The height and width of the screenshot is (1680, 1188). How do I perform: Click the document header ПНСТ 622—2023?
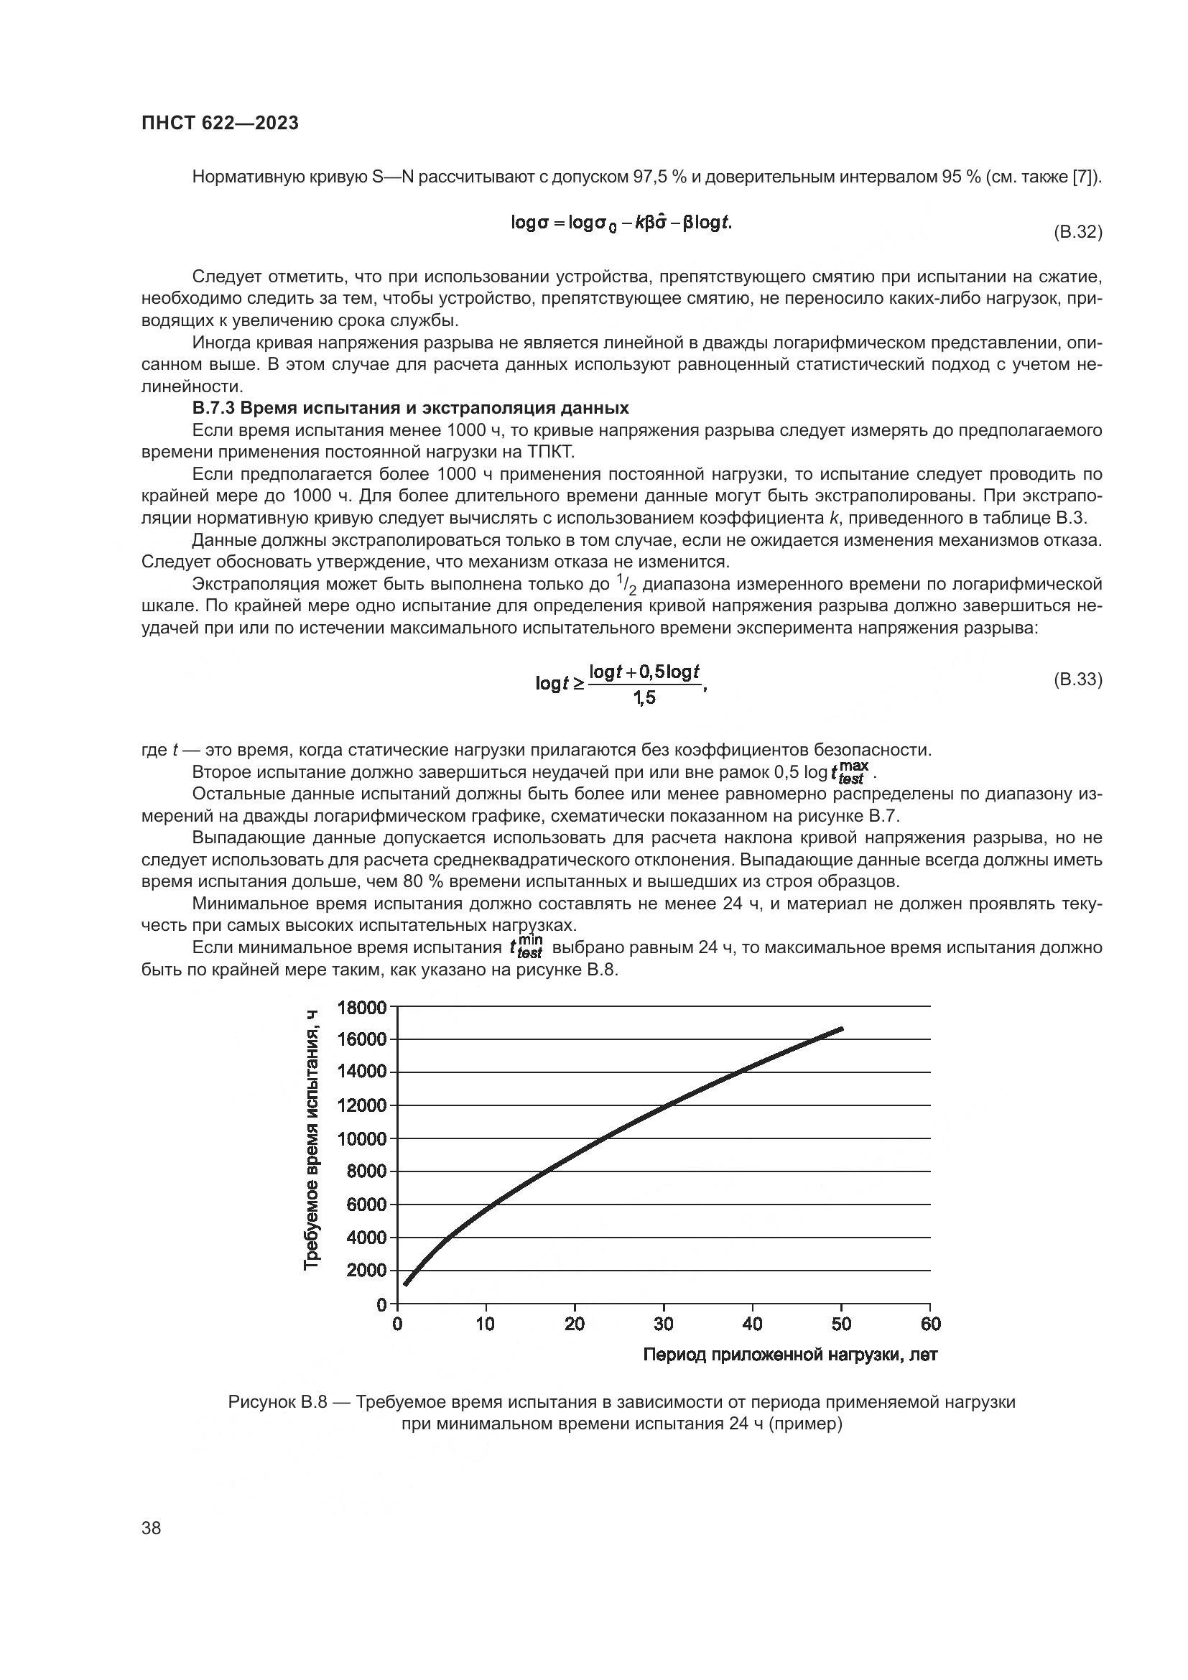pyautogui.click(x=221, y=124)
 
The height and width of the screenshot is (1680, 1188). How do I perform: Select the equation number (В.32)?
pyautogui.click(x=1077, y=233)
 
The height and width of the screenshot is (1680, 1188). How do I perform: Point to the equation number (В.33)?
pyautogui.click(x=1077, y=679)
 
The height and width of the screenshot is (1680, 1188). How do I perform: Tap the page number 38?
pyautogui.click(x=152, y=1528)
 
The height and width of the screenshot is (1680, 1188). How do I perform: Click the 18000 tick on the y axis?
pyautogui.click(x=361, y=1008)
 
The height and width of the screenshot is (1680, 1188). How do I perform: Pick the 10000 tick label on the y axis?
pyautogui.click(x=361, y=1139)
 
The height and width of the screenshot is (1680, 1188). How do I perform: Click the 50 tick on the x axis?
pyautogui.click(x=841, y=1324)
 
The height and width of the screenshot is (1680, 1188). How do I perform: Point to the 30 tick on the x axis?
pyautogui.click(x=664, y=1324)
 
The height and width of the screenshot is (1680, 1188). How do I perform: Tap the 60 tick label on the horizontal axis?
pyautogui.click(x=930, y=1324)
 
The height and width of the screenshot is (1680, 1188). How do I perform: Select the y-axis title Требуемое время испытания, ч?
pyautogui.click(x=312, y=1139)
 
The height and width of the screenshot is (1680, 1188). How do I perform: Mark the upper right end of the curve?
pyautogui.click(x=843, y=1028)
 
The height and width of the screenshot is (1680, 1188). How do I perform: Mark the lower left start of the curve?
pyautogui.click(x=405, y=1284)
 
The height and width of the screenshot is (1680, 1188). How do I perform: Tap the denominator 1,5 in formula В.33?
pyautogui.click(x=644, y=698)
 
